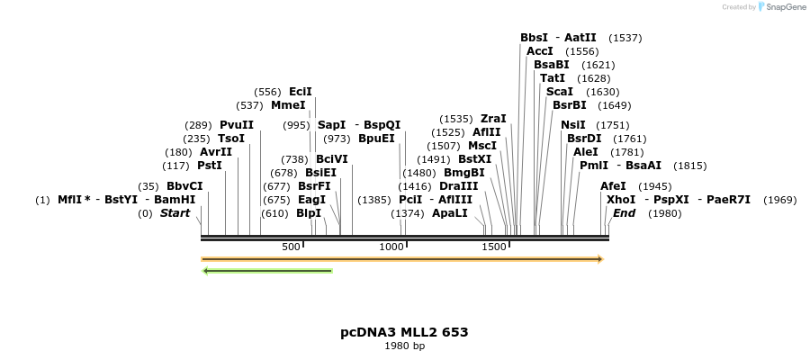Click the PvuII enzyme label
coord(237,125)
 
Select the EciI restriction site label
coord(300,92)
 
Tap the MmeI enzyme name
coord(288,105)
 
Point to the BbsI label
coord(534,38)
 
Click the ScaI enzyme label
coord(559,92)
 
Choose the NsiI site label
coord(573,125)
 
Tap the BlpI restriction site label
coord(309,213)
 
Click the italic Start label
coord(175,213)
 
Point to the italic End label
coord(624,213)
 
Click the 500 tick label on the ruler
coord(292,247)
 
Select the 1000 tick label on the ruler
coord(391,247)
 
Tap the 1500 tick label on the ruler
coord(494,247)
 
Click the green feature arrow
coord(267,270)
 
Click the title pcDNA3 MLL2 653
coord(404,332)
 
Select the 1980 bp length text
coord(404,346)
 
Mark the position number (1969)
coord(779,200)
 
